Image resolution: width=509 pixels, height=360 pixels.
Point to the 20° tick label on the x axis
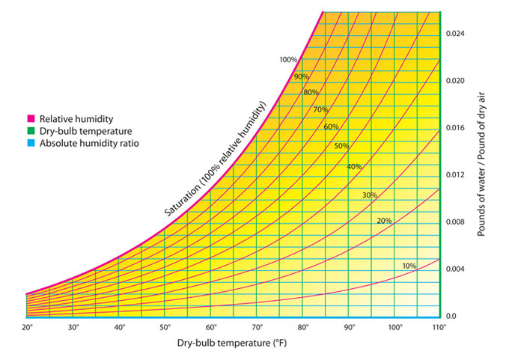point(27,328)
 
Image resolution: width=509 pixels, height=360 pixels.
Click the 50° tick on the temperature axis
point(165,328)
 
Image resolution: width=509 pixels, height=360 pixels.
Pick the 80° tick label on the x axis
point(303,328)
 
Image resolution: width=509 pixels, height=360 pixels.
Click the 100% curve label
point(288,60)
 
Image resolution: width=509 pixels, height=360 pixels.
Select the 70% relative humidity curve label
point(321,110)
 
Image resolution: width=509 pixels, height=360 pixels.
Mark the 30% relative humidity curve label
point(370,195)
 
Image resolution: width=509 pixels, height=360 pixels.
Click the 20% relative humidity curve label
point(384,221)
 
